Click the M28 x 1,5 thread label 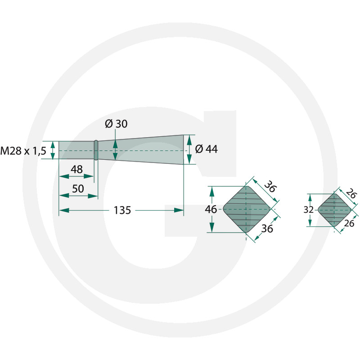(x=23, y=151)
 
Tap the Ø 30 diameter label (x=116, y=124)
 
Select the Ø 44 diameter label (x=207, y=149)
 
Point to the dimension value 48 (x=76, y=170)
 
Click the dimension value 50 (x=78, y=189)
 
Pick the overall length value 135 (x=122, y=210)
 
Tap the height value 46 (x=211, y=209)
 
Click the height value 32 (x=308, y=210)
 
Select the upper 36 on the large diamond (x=270, y=186)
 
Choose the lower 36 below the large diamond (x=267, y=229)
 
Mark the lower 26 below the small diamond (x=349, y=223)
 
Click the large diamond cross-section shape (x=246, y=209)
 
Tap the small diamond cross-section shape (x=334, y=210)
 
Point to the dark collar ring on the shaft (x=96, y=150)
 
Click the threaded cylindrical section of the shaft (x=76, y=150)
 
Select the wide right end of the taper (x=183, y=150)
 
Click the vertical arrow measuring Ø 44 (x=189, y=150)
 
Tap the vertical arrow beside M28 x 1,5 (x=53, y=150)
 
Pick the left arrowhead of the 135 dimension (x=64, y=210)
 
